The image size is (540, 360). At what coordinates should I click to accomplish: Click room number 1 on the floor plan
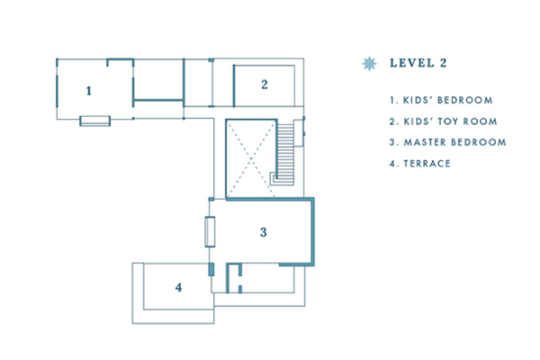(88, 90)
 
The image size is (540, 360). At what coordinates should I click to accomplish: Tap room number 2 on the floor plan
(265, 85)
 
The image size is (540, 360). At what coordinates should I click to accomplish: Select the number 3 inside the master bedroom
(263, 232)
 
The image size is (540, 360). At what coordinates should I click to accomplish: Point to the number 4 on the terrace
(178, 287)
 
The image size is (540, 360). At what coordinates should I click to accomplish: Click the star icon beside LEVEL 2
(367, 63)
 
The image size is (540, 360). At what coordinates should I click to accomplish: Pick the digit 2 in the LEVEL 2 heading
(443, 63)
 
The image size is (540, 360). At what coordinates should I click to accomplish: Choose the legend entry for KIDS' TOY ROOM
(439, 121)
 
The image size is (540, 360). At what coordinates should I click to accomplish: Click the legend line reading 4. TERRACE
(420, 163)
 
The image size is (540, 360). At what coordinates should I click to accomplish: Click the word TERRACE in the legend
(428, 163)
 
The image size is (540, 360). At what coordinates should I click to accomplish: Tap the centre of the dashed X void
(249, 157)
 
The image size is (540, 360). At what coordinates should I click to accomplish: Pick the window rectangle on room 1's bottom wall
(94, 121)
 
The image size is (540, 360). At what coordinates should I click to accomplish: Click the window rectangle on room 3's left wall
(209, 232)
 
